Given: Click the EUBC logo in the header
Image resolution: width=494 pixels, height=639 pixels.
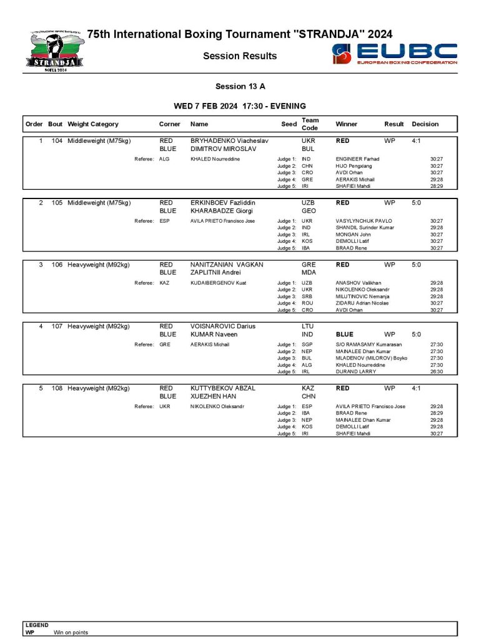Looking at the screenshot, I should point(395,54).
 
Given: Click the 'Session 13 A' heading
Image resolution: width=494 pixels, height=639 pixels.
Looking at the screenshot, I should point(240,87).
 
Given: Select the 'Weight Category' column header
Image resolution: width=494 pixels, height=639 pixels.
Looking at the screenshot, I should point(93,124).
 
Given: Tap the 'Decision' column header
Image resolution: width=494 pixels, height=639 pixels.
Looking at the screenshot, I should point(425,124).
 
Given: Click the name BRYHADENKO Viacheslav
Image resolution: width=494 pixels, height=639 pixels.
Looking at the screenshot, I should point(229,141).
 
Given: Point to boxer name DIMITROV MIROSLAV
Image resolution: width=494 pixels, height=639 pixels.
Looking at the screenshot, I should point(223,149).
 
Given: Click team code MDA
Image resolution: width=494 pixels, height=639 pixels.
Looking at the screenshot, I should point(309,273).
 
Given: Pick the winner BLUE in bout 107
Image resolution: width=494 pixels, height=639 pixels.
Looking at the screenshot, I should point(345,334).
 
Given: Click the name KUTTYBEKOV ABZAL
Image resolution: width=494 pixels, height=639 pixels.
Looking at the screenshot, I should point(223,388).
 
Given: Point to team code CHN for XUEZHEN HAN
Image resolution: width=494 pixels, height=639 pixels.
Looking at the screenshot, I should point(309,396).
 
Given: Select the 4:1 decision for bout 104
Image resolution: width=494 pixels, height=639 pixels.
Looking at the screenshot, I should point(417,141).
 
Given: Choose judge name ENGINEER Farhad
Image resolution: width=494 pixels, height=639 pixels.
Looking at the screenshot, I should point(357,159).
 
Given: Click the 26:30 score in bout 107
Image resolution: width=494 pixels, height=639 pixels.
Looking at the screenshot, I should point(437,372).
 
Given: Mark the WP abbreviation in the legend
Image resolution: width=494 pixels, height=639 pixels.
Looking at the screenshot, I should point(29,632).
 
